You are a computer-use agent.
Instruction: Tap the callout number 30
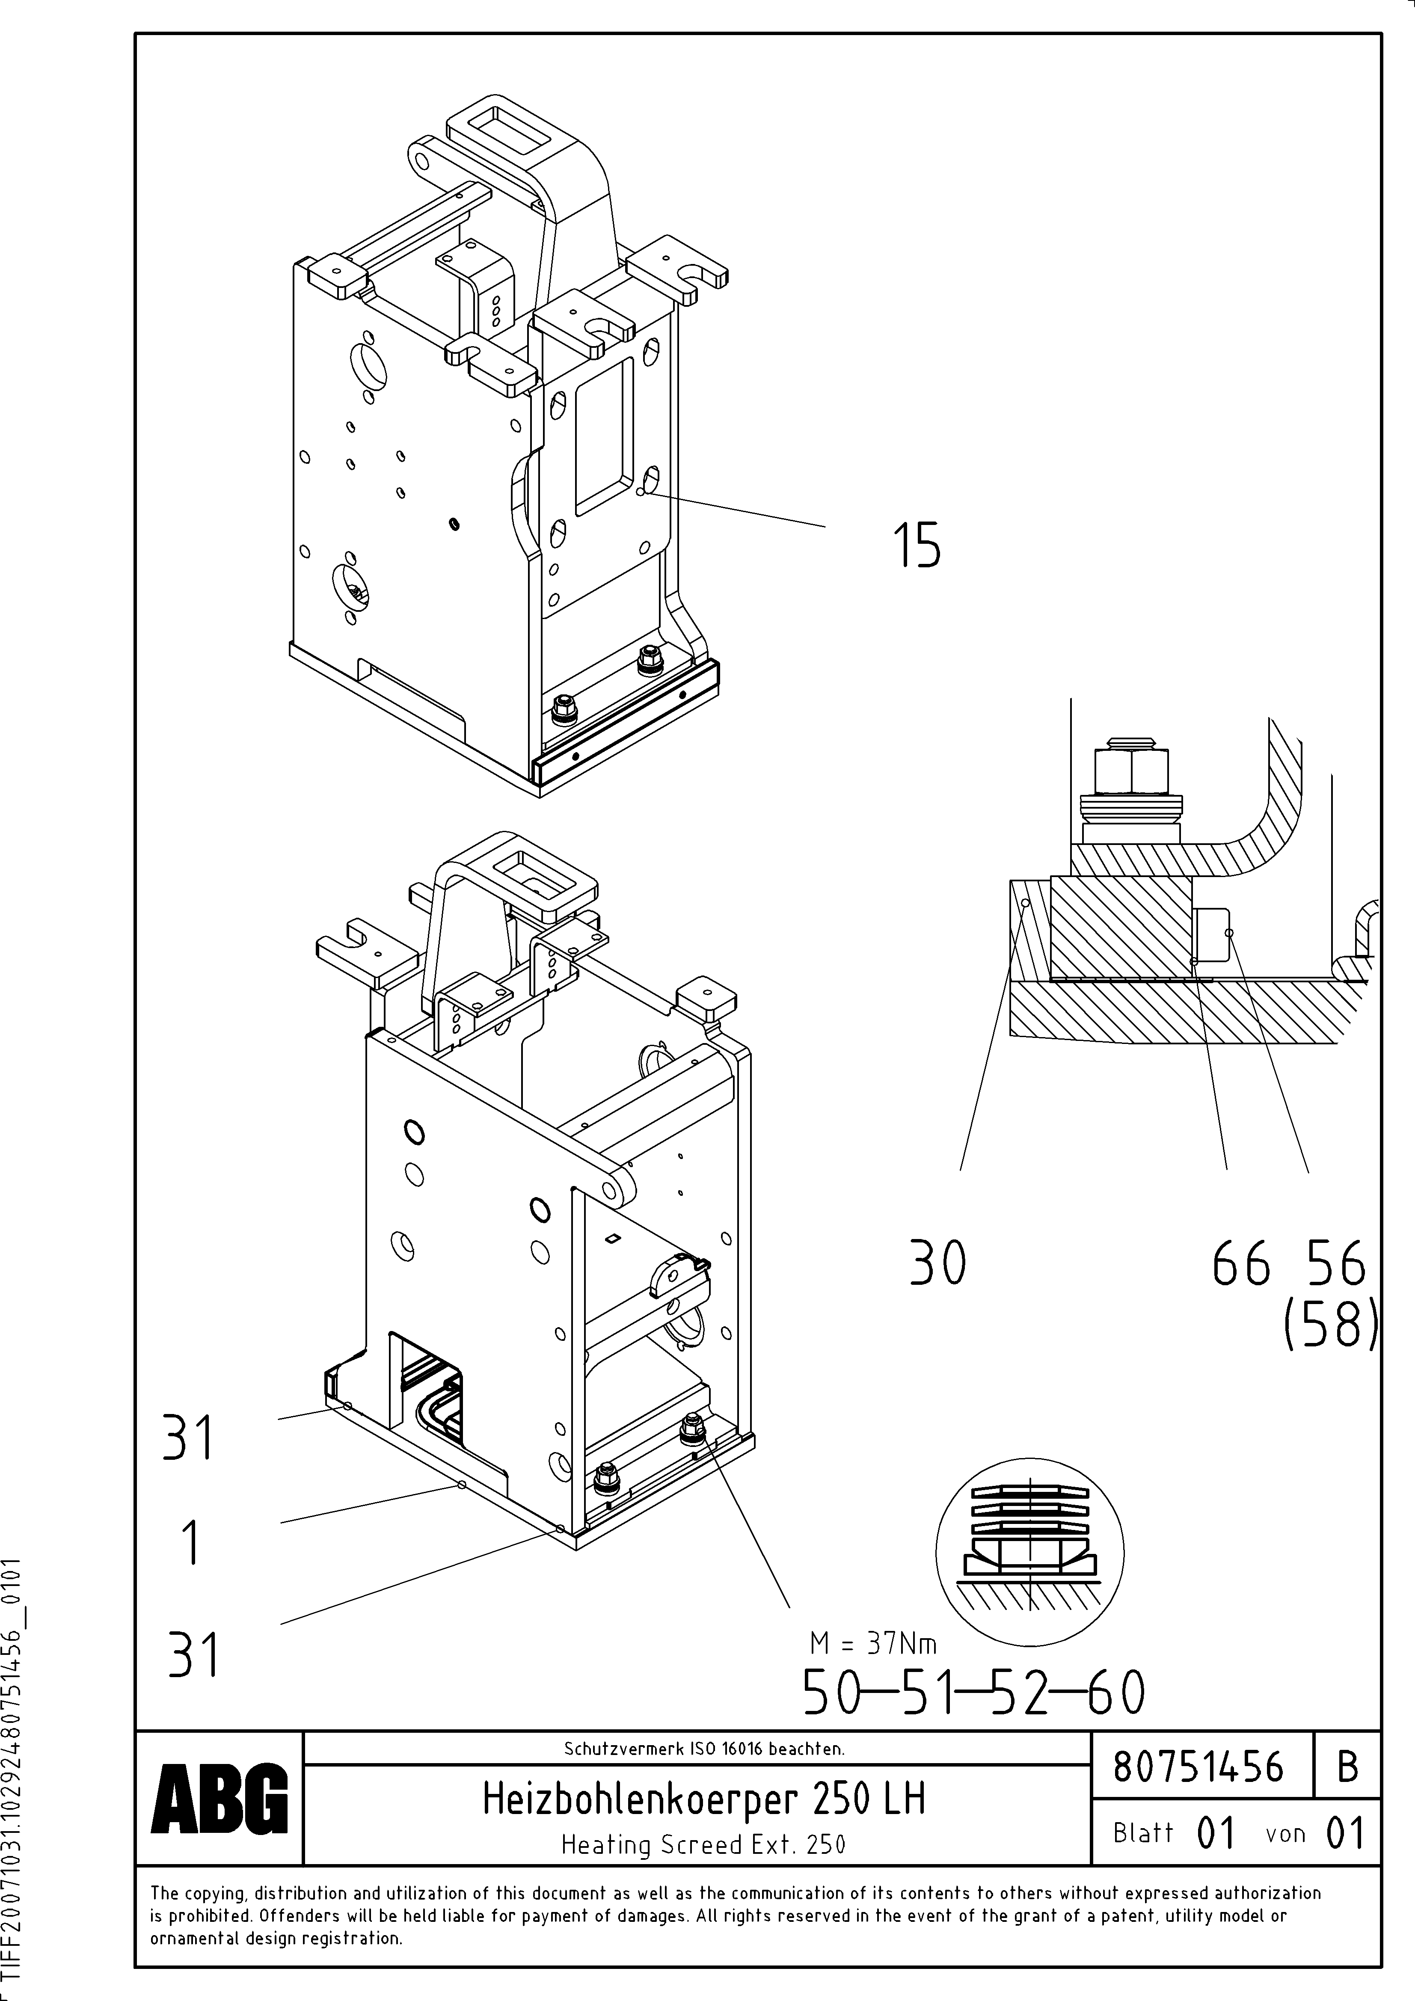(937, 1264)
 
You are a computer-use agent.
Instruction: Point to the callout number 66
(1240, 1264)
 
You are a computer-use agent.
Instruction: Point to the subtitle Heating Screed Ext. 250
(703, 1844)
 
